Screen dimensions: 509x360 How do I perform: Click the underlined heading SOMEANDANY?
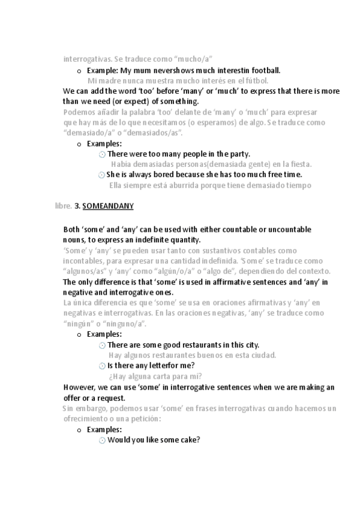click(108, 206)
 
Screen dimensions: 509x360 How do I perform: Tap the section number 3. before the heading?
click(77, 206)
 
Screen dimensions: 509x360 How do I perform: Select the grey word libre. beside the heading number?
click(62, 206)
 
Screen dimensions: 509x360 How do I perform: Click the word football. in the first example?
click(265, 70)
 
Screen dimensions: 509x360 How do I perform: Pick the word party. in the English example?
click(237, 154)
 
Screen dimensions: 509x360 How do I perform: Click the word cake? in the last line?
click(189, 439)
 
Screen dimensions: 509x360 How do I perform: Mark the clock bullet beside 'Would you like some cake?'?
click(101, 440)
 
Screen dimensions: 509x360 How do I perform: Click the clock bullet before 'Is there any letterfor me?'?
click(101, 366)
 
